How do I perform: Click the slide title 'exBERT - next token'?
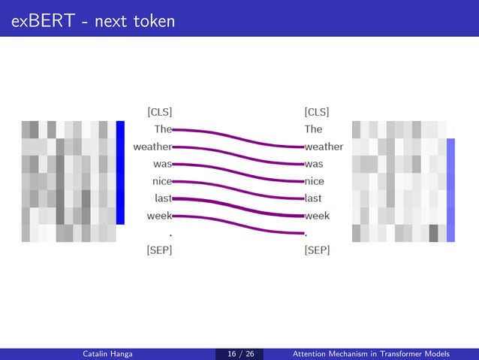tap(93, 20)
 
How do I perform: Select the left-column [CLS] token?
tap(159, 112)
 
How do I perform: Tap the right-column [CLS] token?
tap(317, 112)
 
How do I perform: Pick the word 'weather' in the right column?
tap(324, 147)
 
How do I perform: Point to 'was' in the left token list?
tap(162, 164)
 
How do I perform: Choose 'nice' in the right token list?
tap(314, 181)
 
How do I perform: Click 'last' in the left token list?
tap(163, 198)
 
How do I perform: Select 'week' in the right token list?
tap(317, 216)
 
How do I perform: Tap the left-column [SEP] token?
tap(159, 250)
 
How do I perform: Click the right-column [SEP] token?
tap(317, 250)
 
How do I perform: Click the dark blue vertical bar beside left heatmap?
tap(120, 172)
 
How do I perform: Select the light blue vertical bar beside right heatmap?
tap(450, 189)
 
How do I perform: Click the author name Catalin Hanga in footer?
tap(107, 354)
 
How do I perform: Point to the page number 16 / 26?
tap(239, 354)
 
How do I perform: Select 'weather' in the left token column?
tap(152, 147)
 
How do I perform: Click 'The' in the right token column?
tap(313, 129)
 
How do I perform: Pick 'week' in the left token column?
tap(160, 216)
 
